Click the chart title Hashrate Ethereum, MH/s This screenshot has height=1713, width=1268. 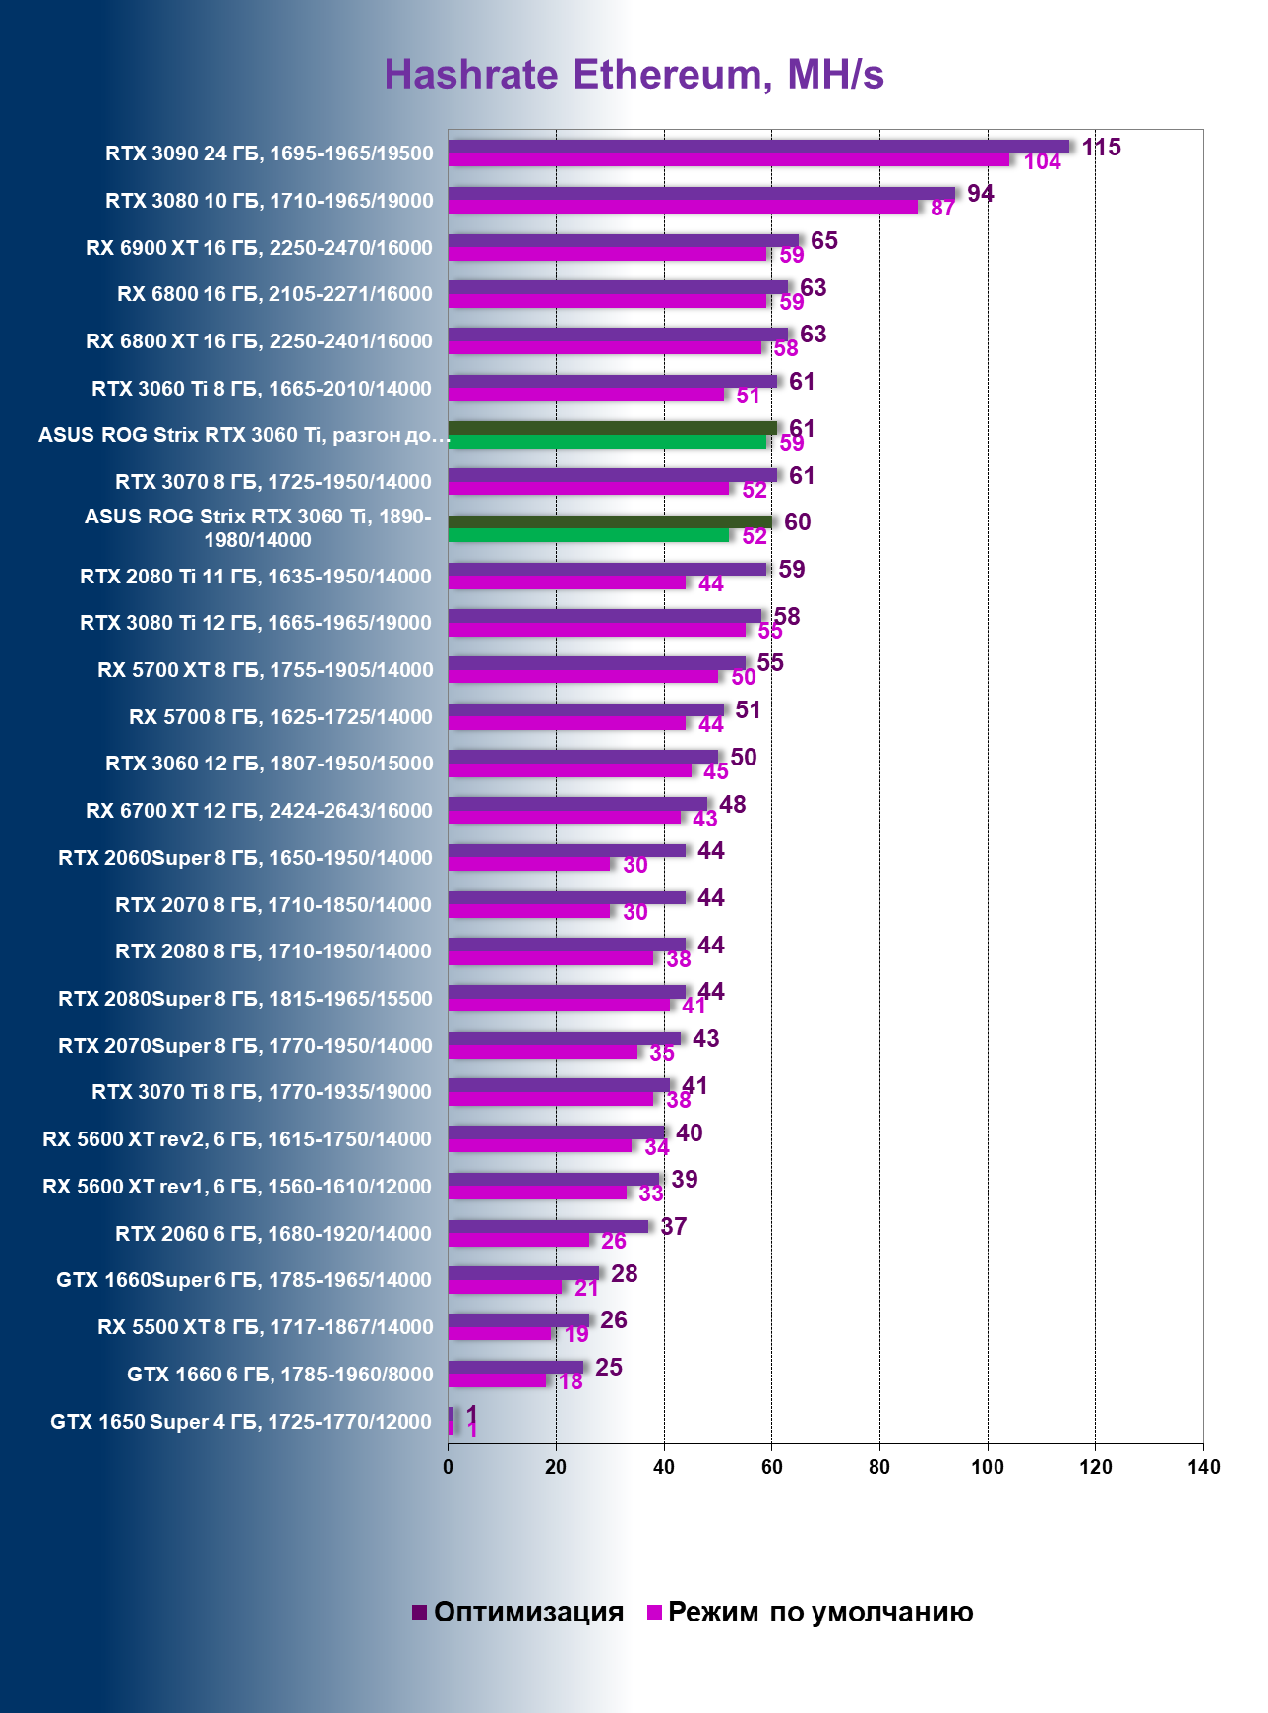634,75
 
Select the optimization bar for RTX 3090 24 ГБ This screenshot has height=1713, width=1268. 757,147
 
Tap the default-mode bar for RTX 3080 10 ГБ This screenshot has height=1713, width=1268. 683,208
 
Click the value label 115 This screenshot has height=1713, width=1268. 1101,148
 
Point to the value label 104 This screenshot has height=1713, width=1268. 1042,162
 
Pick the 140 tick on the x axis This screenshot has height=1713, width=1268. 1203,1467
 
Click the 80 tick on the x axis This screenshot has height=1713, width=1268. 879,1467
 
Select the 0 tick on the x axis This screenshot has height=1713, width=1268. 449,1467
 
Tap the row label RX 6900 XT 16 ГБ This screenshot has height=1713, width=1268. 259,248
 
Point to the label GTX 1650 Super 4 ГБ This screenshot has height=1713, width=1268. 241,1422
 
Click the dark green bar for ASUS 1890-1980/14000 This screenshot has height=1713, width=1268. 610,521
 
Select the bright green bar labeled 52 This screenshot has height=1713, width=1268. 588,536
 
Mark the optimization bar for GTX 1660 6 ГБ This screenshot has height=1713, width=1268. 515,1367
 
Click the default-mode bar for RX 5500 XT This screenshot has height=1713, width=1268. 500,1334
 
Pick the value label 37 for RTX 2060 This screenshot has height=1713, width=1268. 674,1227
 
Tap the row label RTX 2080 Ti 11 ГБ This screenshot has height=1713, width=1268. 256,577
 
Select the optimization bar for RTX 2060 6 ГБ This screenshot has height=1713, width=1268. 548,1226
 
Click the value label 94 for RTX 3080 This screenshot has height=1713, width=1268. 980,194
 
